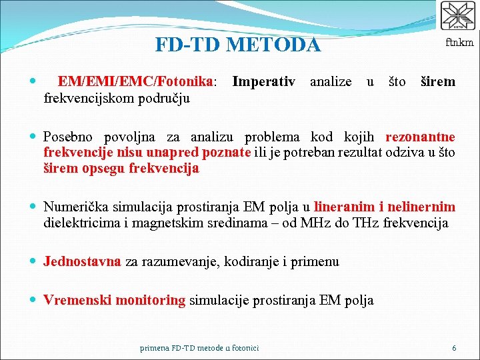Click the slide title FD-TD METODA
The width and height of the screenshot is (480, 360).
[x=237, y=45]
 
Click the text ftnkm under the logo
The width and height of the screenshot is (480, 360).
[x=459, y=43]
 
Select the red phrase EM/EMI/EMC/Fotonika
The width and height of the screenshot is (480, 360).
[x=135, y=82]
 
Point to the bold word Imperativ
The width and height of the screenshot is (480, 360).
[x=263, y=82]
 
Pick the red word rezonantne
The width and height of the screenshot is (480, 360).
[x=420, y=137]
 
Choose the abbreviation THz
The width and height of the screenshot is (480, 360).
[x=371, y=223]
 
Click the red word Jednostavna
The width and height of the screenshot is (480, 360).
[x=82, y=261]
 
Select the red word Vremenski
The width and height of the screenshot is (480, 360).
[x=77, y=300]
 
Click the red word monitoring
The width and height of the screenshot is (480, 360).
[x=150, y=300]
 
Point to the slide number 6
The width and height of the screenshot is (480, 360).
[x=454, y=348]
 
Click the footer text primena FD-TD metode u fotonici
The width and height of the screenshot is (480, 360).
[x=199, y=348]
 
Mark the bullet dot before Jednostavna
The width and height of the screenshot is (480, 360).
[x=33, y=261]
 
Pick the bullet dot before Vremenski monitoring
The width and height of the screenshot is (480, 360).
[x=33, y=300]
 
